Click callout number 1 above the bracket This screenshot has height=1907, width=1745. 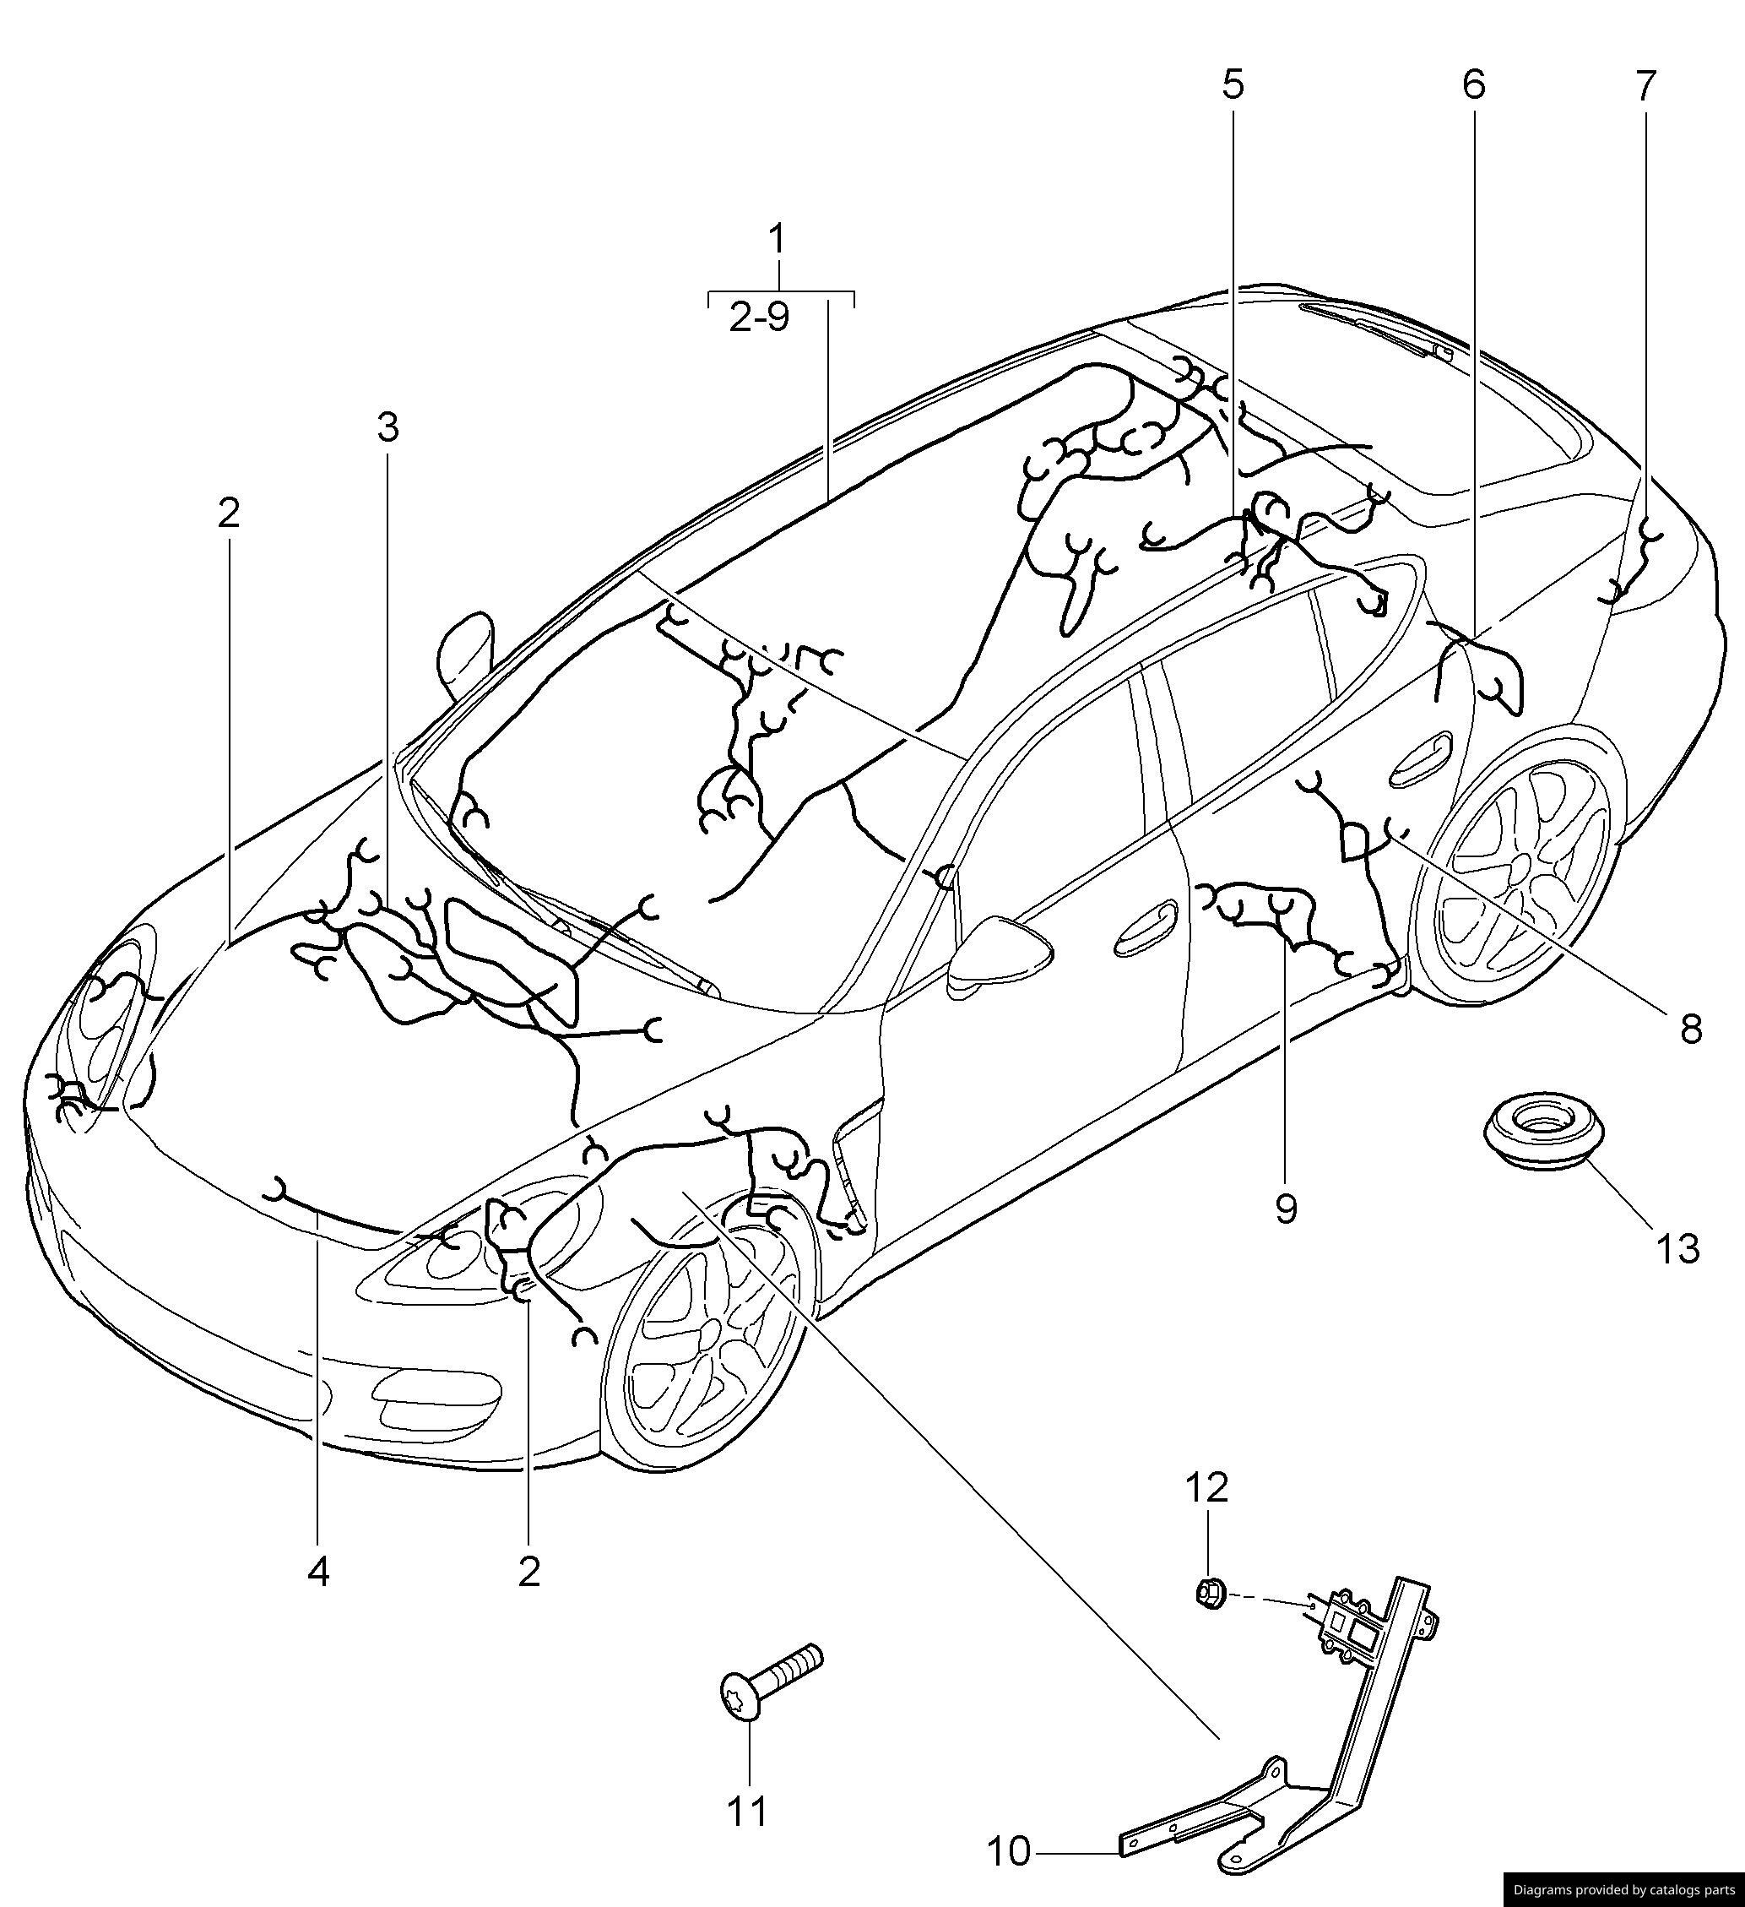click(777, 239)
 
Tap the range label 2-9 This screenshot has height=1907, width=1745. click(759, 318)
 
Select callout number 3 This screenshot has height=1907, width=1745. click(387, 427)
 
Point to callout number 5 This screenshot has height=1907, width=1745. click(1233, 85)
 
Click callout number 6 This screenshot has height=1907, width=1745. click(1473, 85)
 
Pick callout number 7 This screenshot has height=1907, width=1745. click(1645, 86)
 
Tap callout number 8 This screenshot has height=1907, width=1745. click(1692, 1030)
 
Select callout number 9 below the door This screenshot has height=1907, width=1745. click(1286, 1208)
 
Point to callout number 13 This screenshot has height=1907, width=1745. click(1677, 1248)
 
